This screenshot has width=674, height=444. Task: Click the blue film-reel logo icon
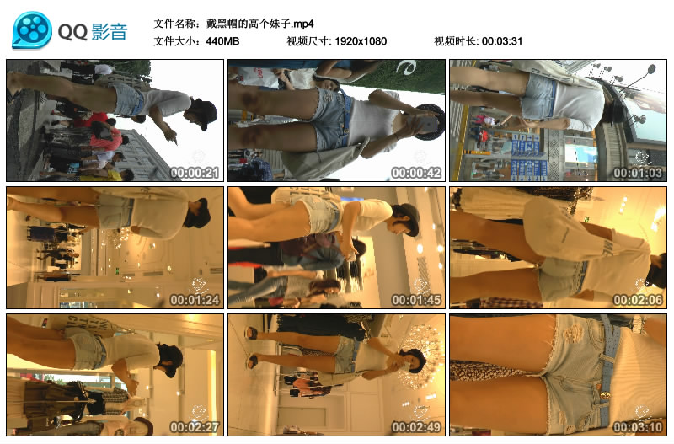tap(32, 29)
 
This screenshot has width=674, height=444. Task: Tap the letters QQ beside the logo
tap(72, 32)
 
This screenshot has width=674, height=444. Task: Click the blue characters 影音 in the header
tap(110, 32)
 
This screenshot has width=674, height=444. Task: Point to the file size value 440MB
tap(222, 41)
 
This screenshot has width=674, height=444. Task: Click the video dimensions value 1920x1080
tap(361, 41)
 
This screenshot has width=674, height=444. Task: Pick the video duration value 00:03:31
tap(502, 41)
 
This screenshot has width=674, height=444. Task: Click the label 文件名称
tap(174, 24)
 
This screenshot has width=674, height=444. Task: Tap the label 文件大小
tap(174, 41)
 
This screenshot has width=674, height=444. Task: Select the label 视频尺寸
tap(307, 41)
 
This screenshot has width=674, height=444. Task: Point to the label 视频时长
tap(454, 41)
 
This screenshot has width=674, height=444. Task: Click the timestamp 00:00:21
tap(195, 173)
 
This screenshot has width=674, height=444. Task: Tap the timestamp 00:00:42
tap(416, 173)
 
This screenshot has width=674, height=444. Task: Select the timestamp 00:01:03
tap(638, 173)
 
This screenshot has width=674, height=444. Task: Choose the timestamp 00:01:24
tap(195, 300)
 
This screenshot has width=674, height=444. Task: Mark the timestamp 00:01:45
tap(416, 300)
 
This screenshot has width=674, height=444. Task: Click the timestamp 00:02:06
tap(638, 300)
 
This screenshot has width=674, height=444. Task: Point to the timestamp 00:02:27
tap(195, 427)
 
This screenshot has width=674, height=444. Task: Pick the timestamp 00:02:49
tap(416, 427)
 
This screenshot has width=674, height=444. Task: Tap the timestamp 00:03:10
tap(638, 427)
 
